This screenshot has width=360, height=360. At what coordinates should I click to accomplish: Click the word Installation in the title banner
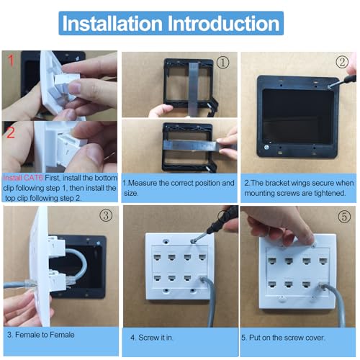112,23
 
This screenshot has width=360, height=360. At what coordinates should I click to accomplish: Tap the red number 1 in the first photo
11,60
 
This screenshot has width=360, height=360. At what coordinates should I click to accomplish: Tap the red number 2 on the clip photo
11,132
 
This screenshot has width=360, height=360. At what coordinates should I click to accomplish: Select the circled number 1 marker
222,63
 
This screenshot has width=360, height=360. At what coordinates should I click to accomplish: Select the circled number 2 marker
342,62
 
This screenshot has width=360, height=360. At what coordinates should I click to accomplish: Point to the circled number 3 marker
106,215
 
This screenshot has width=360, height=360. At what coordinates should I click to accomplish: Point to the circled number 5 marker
344,217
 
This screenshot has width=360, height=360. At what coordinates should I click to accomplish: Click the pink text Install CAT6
23,178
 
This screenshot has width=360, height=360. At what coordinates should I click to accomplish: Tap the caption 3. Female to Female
41,335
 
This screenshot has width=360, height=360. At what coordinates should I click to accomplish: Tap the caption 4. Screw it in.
152,338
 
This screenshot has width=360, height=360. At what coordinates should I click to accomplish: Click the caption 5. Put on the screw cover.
283,338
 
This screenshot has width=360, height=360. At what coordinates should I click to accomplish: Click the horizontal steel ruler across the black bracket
192,146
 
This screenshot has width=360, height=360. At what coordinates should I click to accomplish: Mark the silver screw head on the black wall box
266,148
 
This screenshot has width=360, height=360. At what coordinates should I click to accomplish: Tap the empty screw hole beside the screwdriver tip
166,241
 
